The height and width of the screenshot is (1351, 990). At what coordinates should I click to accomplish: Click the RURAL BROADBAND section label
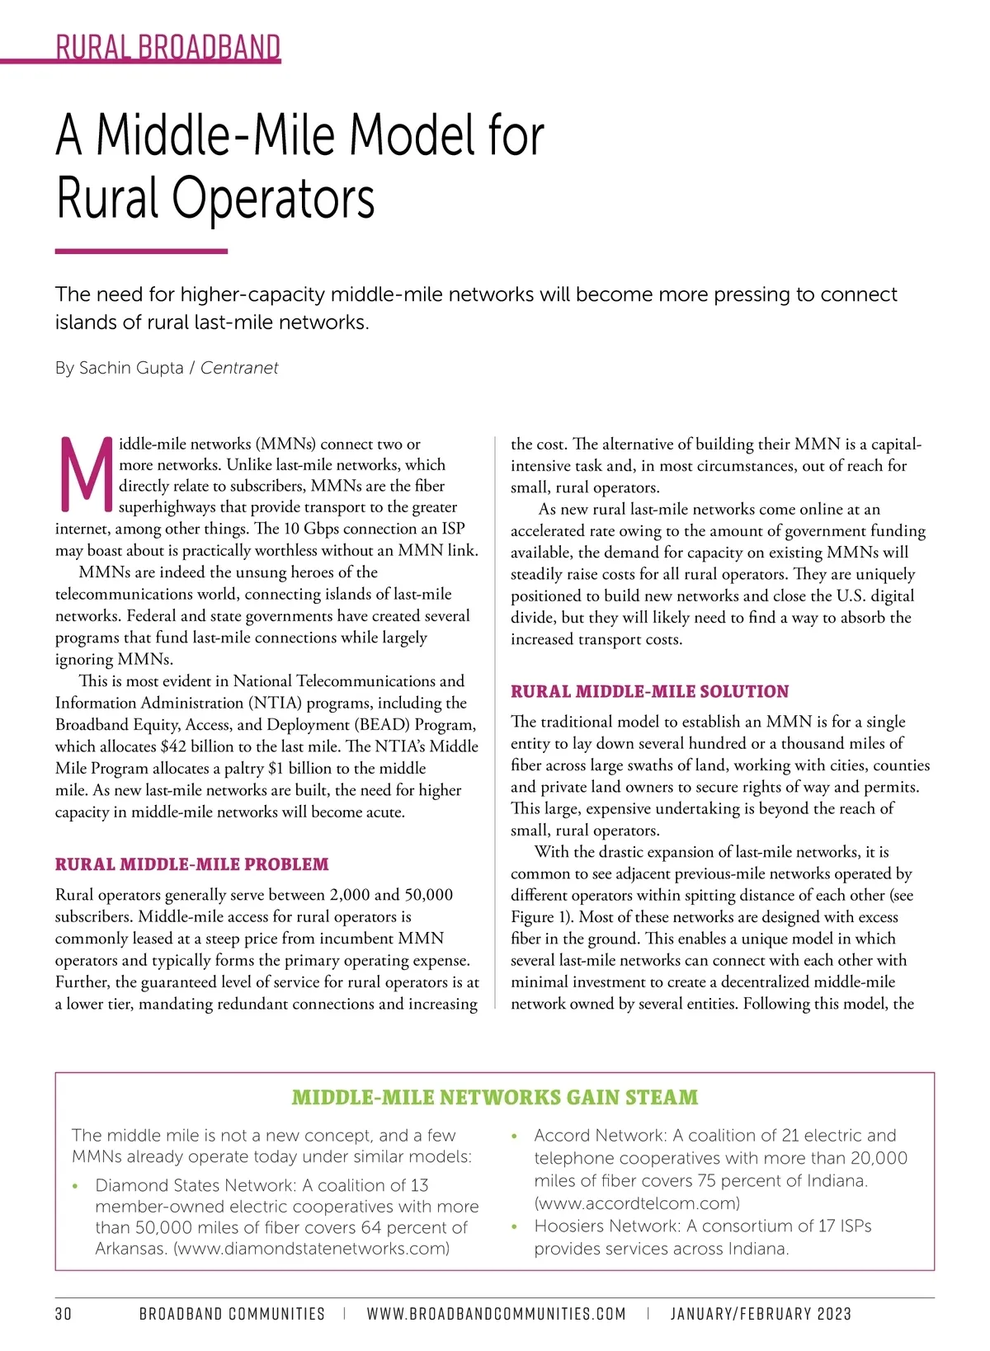pyautogui.click(x=168, y=47)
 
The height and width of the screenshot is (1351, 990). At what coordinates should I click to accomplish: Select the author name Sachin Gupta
pyautogui.click(x=131, y=368)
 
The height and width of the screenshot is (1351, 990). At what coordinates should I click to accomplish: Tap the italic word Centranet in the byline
pyautogui.click(x=239, y=368)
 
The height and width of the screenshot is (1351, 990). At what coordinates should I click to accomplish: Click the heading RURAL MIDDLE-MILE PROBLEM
pyautogui.click(x=191, y=864)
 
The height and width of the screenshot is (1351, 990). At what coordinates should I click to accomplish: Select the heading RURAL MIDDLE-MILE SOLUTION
pyautogui.click(x=649, y=691)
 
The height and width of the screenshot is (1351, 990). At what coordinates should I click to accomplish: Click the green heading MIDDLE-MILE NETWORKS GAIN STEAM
pyautogui.click(x=495, y=1097)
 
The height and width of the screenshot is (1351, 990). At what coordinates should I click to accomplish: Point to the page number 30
pyautogui.click(x=64, y=1314)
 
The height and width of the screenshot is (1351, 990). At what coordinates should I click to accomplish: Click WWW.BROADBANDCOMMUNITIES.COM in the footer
pyautogui.click(x=496, y=1314)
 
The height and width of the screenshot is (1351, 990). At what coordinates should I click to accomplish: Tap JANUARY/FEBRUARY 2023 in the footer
pyautogui.click(x=761, y=1314)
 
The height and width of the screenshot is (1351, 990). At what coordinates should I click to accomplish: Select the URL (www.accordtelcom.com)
pyautogui.click(x=637, y=1203)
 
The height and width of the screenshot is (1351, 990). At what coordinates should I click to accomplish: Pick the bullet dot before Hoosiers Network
pyautogui.click(x=515, y=1227)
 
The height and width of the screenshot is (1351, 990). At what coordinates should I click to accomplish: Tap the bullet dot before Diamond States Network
pyautogui.click(x=76, y=1187)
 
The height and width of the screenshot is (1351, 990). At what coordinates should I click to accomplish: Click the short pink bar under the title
pyautogui.click(x=141, y=252)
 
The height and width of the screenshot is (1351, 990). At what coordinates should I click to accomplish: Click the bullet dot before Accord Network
pyautogui.click(x=515, y=1137)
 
